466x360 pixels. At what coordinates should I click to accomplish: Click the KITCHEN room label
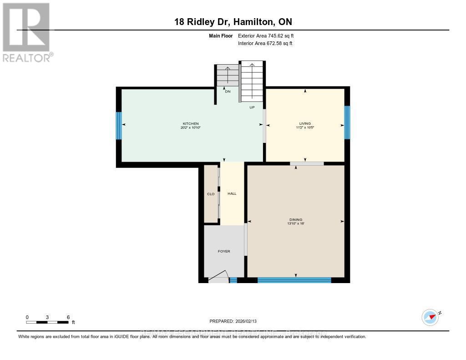click(x=191, y=124)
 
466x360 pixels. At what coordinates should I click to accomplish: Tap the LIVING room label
click(x=304, y=123)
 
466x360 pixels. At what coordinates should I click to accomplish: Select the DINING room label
click(x=295, y=220)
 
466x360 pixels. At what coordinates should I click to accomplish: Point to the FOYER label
click(x=224, y=251)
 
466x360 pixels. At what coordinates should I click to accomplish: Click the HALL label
click(x=232, y=193)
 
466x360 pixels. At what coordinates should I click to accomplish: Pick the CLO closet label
click(x=211, y=194)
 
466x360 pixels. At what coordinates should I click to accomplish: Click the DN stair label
click(x=228, y=91)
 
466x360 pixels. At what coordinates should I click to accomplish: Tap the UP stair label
click(x=252, y=107)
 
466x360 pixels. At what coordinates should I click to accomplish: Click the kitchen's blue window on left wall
click(x=119, y=126)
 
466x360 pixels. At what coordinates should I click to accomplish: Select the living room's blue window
click(x=347, y=122)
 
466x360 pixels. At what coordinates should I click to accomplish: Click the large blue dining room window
click(x=294, y=280)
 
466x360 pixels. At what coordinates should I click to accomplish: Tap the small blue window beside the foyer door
click(x=233, y=280)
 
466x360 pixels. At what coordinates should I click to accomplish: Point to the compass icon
click(x=430, y=317)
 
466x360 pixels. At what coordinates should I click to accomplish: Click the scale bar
click(x=47, y=322)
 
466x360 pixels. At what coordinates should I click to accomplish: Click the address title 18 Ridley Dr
click(x=233, y=22)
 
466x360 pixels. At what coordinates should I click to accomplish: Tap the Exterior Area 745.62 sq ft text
click(x=269, y=35)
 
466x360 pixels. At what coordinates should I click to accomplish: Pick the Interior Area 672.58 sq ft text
click(x=265, y=43)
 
